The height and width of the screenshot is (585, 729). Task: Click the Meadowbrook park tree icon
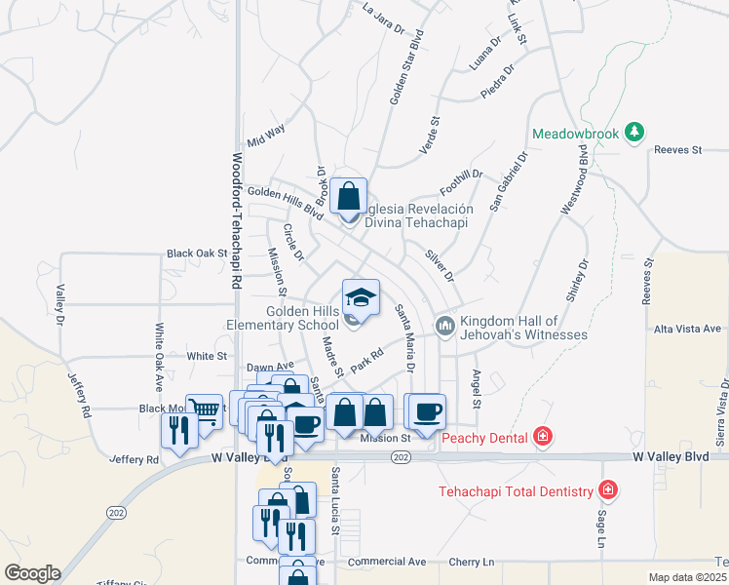pyautogui.click(x=634, y=132)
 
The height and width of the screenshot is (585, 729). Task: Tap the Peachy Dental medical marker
pyautogui.click(x=543, y=437)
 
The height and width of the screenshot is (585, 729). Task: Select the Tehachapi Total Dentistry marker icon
pyautogui.click(x=608, y=489)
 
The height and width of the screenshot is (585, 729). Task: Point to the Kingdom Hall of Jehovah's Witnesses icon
pyautogui.click(x=445, y=325)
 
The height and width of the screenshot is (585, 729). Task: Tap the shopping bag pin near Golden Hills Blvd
pyautogui.click(x=348, y=196)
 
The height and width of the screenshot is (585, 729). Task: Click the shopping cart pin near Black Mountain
pyautogui.click(x=204, y=411)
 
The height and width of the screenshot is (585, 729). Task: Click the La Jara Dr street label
pyautogui.click(x=382, y=19)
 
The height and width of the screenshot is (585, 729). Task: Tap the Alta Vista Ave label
pyautogui.click(x=687, y=329)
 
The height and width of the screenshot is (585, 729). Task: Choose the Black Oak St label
pyautogui.click(x=196, y=253)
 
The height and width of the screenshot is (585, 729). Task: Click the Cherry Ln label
pyautogui.click(x=472, y=562)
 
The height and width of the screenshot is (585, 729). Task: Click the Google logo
pyautogui.click(x=32, y=573)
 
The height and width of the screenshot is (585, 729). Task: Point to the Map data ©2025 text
pyautogui.click(x=687, y=577)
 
